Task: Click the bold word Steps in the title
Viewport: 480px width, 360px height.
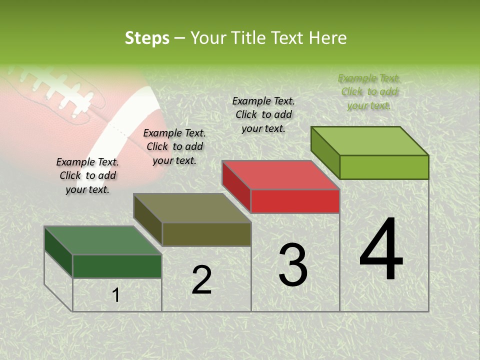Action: (147, 38)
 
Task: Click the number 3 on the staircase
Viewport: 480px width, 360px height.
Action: (292, 265)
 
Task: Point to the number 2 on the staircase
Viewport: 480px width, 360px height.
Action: (201, 280)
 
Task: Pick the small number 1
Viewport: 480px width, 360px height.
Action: (116, 295)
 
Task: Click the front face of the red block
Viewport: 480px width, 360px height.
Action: (295, 201)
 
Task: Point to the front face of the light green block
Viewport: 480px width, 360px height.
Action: (384, 167)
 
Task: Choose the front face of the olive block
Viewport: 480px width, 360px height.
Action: (206, 234)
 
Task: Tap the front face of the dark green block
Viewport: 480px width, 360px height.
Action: (117, 266)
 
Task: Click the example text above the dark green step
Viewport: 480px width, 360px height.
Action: (87, 175)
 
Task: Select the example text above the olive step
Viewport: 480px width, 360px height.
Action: (174, 146)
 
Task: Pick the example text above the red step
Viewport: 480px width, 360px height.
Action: (263, 114)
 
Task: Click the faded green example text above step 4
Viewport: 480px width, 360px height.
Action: (369, 91)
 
